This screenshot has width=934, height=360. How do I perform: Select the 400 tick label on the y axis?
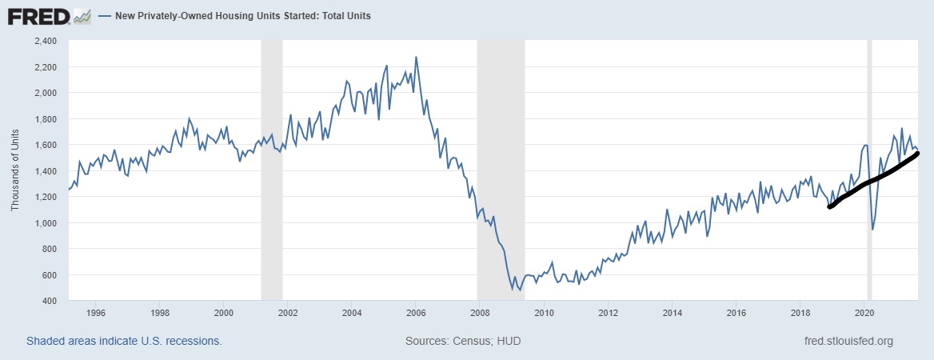pyautogui.click(x=50, y=301)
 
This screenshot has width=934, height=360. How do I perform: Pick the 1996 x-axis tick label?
pyautogui.click(x=95, y=312)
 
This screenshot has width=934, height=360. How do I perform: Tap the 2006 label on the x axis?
pyautogui.click(x=416, y=312)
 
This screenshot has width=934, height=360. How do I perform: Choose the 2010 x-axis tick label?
pyautogui.click(x=545, y=312)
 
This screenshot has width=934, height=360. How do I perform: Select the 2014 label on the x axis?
pyautogui.click(x=673, y=312)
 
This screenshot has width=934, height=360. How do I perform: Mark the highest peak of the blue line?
pyautogui.click(x=416, y=58)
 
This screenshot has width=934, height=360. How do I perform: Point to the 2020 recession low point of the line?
pyautogui.click(x=872, y=230)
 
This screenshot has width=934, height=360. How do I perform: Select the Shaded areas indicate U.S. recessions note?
pyautogui.click(x=124, y=341)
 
